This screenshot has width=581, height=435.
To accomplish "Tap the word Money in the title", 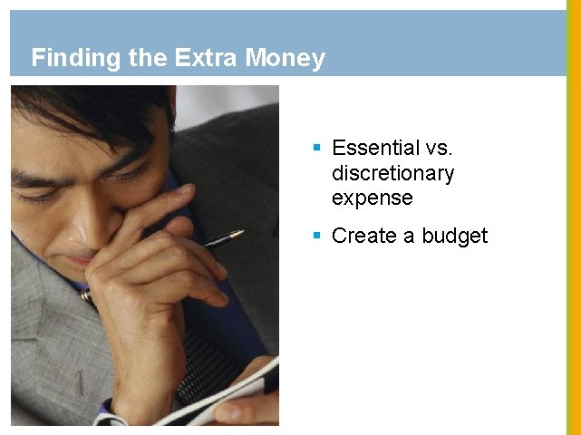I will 285,59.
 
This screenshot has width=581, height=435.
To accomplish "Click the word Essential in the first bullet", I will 375,148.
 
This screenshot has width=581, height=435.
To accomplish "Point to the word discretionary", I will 392,172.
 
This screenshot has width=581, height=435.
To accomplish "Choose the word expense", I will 372,198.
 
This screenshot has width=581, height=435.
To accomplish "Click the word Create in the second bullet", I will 363,236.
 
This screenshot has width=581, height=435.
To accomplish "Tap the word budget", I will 452,236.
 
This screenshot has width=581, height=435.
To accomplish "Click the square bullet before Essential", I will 316,145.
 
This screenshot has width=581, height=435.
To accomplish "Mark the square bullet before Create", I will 316,234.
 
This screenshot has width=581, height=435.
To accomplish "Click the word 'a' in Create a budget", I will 408,236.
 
